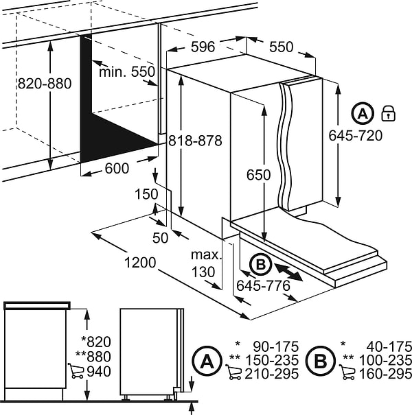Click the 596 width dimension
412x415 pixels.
click(x=203, y=47)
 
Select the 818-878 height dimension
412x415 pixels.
click(x=195, y=141)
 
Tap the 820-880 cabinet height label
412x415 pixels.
click(x=45, y=84)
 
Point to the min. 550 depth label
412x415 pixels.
click(x=127, y=72)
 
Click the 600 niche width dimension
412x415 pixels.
click(x=117, y=168)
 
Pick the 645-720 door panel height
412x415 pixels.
click(x=356, y=136)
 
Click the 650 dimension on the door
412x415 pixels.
click(x=259, y=175)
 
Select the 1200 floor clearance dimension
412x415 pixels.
click(x=140, y=263)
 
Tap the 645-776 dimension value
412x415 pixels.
click(x=264, y=286)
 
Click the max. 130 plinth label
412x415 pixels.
click(x=205, y=263)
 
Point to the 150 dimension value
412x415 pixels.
click(x=146, y=194)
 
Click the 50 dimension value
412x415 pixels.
click(x=160, y=238)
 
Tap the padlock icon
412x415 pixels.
click(x=388, y=113)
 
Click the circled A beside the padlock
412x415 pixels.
click(x=363, y=113)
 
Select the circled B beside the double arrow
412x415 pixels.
click(x=261, y=264)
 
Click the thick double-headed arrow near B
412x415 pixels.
click(x=288, y=272)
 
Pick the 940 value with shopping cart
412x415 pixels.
click(x=99, y=372)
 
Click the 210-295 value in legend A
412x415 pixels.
click(x=271, y=374)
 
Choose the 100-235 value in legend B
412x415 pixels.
click(x=385, y=360)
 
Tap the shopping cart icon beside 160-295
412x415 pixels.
click(x=347, y=372)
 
